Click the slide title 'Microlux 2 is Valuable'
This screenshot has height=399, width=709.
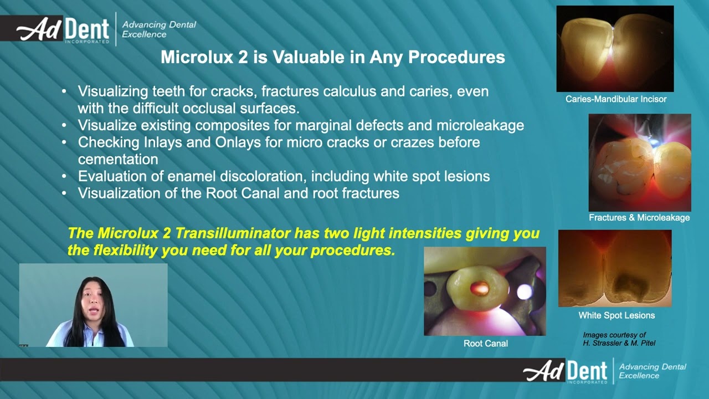332,57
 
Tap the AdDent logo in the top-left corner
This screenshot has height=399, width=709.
64,29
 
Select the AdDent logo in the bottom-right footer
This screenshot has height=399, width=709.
566,371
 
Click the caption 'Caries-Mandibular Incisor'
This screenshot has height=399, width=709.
615,99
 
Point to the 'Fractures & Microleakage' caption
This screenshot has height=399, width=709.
639,218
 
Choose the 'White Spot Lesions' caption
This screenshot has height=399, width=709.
616,315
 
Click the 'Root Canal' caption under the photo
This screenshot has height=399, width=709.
485,344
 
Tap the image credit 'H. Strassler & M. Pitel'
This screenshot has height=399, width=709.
619,343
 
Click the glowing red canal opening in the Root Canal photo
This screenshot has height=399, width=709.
479,287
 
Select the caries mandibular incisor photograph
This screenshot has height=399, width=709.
615,49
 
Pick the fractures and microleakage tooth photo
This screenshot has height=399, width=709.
639,162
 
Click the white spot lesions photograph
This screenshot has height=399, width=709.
615,268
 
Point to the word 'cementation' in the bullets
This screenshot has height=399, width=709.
117,160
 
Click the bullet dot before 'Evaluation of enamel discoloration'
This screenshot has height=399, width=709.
65,177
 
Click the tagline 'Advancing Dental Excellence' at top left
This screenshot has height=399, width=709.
158,29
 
